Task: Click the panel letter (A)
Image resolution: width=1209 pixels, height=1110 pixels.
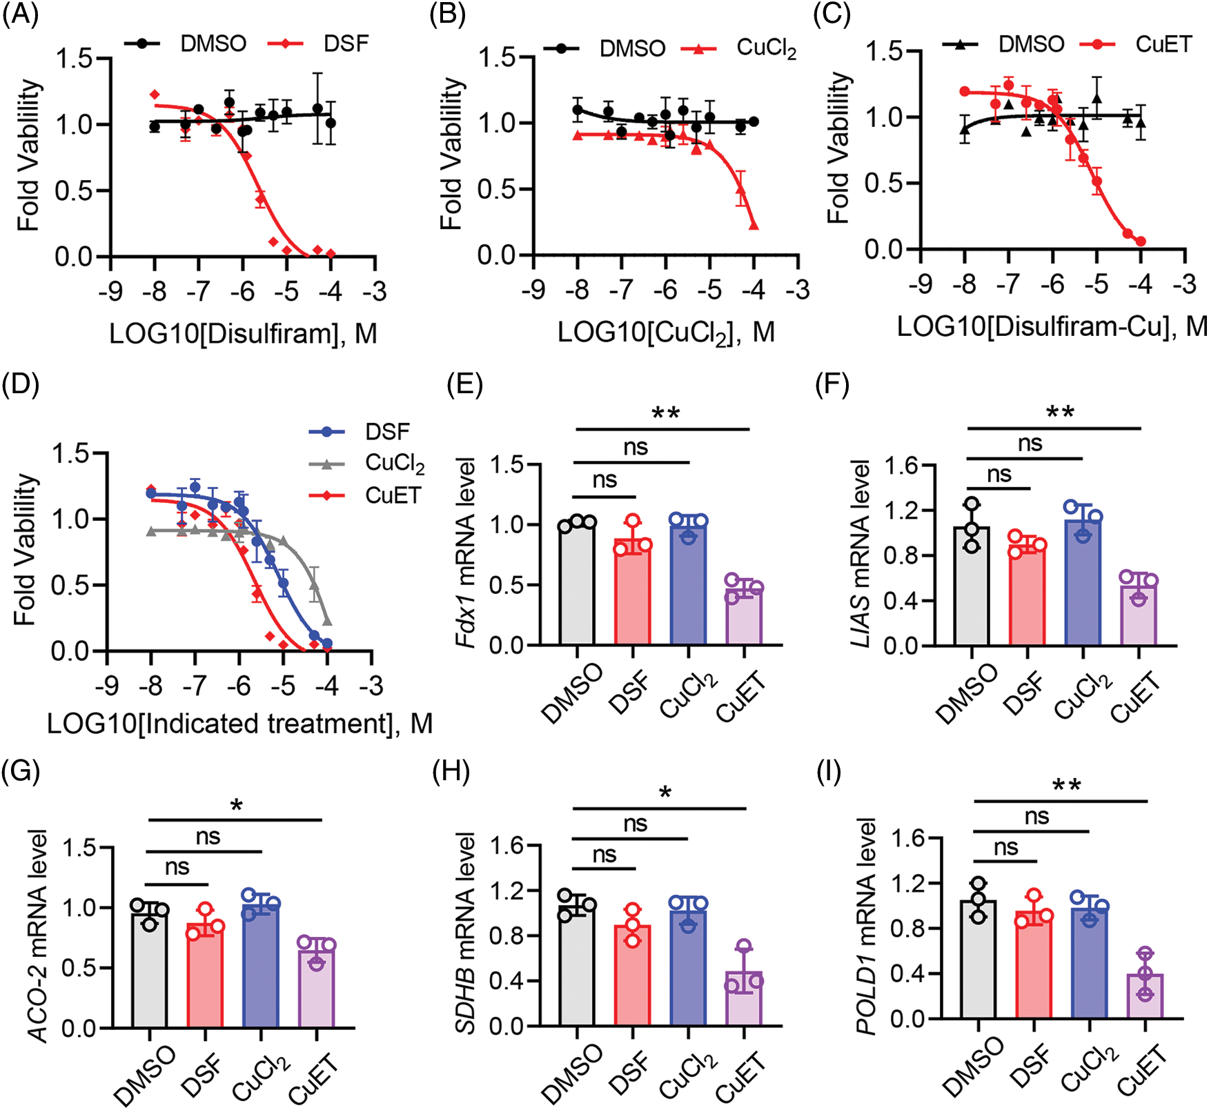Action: pyautogui.click(x=20, y=15)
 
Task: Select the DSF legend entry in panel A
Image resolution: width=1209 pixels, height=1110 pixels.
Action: pyautogui.click(x=346, y=43)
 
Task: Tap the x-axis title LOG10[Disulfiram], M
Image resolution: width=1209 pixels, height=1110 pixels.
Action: pyautogui.click(x=243, y=334)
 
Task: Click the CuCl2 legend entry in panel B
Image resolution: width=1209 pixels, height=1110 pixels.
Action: pyautogui.click(x=766, y=48)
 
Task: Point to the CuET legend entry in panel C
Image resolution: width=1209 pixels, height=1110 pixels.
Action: pyautogui.click(x=1163, y=44)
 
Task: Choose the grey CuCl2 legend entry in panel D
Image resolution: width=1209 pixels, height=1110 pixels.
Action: pyautogui.click(x=394, y=464)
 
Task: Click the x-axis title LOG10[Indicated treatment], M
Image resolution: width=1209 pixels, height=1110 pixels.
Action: pyautogui.click(x=239, y=724)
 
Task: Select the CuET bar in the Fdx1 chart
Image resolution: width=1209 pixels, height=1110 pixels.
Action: pyautogui.click(x=743, y=617)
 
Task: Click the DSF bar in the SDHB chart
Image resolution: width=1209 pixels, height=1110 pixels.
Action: pyautogui.click(x=632, y=975)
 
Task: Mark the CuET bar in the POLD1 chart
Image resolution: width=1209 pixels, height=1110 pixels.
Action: pyautogui.click(x=1145, y=997)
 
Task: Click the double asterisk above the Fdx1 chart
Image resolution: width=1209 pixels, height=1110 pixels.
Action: pyautogui.click(x=665, y=414)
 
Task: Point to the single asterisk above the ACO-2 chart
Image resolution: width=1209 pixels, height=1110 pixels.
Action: pyautogui.click(x=237, y=806)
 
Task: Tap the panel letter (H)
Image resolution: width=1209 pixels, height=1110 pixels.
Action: pyautogui.click(x=451, y=771)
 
